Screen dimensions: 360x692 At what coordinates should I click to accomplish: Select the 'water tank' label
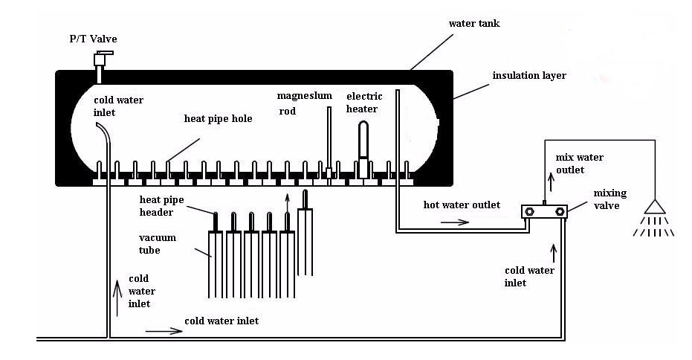[474, 24]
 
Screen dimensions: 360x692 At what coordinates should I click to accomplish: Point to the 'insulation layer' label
[528, 76]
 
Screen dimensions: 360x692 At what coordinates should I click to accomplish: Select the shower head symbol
[653, 209]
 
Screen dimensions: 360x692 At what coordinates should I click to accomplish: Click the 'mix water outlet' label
[580, 164]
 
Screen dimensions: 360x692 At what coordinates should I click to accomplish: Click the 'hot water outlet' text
[462, 205]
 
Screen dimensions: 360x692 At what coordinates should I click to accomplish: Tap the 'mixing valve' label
[610, 200]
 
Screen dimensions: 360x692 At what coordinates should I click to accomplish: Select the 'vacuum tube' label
[158, 243]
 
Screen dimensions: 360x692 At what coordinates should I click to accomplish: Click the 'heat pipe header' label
[164, 205]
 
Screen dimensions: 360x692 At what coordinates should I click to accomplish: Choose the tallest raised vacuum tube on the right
[305, 231]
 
